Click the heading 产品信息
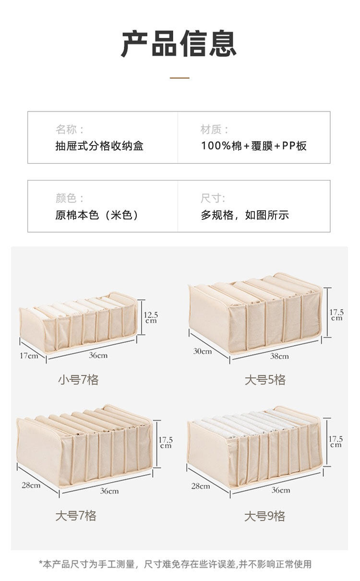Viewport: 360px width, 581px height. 179,44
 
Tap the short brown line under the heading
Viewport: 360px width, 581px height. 180,78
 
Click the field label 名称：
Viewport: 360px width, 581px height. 70,129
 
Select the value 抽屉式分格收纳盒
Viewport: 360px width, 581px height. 99,146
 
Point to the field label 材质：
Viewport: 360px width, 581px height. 215,129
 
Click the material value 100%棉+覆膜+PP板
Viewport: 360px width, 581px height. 253,146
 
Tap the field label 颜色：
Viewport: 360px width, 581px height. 70,198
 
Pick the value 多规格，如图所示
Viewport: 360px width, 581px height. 245,215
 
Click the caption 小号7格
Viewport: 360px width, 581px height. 78,380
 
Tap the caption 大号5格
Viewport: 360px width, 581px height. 265,380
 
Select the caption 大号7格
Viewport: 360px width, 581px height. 76,516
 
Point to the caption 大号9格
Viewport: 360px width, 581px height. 264,516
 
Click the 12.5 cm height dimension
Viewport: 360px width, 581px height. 151,317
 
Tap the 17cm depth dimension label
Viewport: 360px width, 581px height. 29,356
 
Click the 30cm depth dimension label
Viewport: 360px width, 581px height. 203,351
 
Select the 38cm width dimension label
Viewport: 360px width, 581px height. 279,356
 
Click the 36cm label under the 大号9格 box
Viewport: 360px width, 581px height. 281,490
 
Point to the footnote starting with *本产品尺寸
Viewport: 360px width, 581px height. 175,564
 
